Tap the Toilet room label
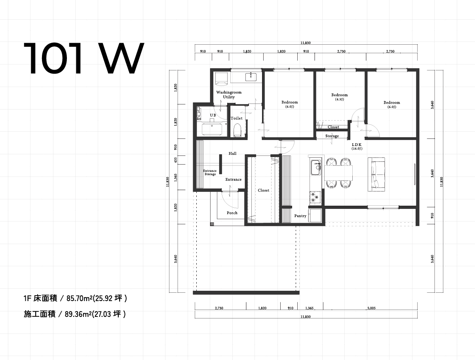tap(237, 118)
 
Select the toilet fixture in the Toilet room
tap(237, 130)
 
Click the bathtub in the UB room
tap(212, 129)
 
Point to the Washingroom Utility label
tap(229, 95)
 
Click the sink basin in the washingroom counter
tap(251, 77)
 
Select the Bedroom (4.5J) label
tap(340, 97)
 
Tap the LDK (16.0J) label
tap(357, 147)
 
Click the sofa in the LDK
tap(376, 174)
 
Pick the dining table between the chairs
tap(338, 173)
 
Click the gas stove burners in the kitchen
tap(314, 197)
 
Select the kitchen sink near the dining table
tap(316, 167)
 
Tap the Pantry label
tap(300, 216)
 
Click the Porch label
tap(232, 213)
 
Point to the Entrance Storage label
tap(210, 172)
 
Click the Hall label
tap(232, 153)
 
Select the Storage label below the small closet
tap(332, 136)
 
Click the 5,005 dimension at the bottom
tap(371, 308)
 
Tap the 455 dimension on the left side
tap(175, 160)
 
